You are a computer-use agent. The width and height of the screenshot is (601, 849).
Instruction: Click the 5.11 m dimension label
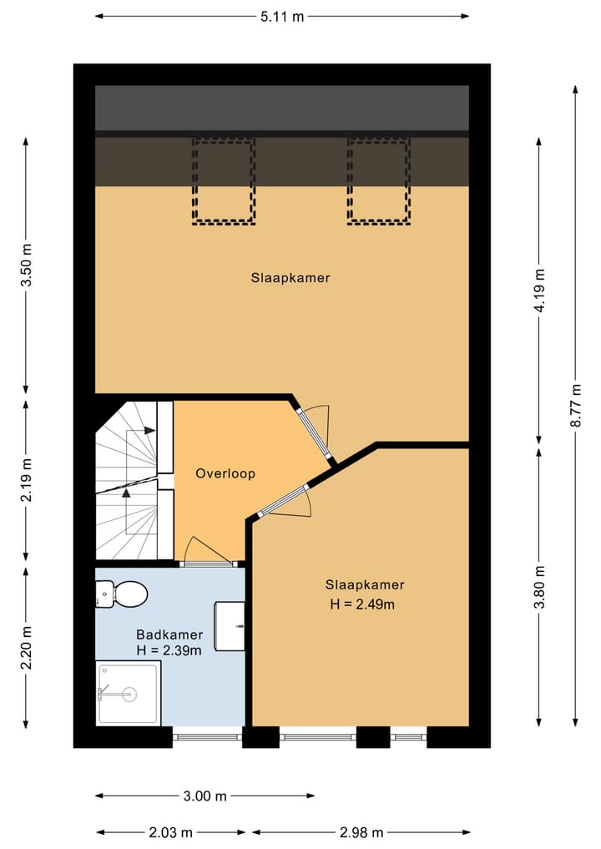[x=282, y=17]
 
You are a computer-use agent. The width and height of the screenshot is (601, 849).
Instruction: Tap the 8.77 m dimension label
[x=576, y=405]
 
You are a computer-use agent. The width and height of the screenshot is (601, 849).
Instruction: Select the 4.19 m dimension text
[x=539, y=290]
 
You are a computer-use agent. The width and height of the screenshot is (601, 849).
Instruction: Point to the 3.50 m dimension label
[x=26, y=265]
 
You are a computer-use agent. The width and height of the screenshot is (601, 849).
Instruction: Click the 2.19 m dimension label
[x=26, y=480]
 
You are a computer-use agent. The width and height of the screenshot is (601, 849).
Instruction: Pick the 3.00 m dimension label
[x=205, y=796]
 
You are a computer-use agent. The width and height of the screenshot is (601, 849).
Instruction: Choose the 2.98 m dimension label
[x=361, y=832]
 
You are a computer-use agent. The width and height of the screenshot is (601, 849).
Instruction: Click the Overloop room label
[x=225, y=473]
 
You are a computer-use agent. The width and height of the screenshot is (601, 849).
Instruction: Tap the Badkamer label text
[x=169, y=634]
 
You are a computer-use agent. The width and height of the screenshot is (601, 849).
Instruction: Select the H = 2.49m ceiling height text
[x=362, y=604]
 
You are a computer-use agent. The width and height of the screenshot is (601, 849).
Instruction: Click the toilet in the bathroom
[x=122, y=594]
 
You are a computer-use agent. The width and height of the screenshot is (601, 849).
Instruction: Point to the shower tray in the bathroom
[x=129, y=693]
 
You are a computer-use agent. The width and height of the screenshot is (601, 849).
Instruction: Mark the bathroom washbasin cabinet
[x=230, y=626]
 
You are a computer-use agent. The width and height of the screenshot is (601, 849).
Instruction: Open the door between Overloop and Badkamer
[x=208, y=563]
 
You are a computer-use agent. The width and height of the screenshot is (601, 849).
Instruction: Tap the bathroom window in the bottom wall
[x=207, y=736]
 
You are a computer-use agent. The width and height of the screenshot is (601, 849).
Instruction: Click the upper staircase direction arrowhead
[x=150, y=431]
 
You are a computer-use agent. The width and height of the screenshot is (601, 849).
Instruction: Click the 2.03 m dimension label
[x=170, y=832]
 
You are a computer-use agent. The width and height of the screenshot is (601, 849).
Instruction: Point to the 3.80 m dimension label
[x=539, y=587]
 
